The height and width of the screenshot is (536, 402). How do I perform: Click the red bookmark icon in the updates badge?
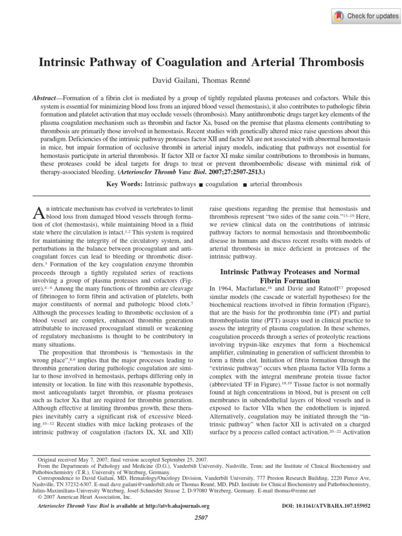(x=339, y=16)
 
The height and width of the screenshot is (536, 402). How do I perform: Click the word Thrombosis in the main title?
(x=330, y=62)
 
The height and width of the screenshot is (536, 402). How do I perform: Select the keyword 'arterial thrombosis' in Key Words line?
(x=276, y=184)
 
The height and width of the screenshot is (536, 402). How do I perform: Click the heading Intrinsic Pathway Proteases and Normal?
(x=289, y=272)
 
